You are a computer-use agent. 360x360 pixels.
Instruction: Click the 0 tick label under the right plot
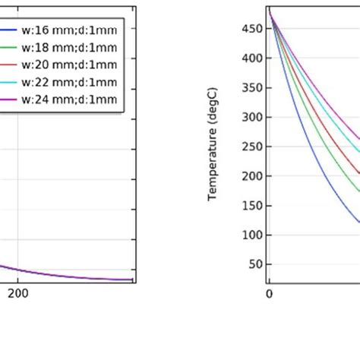269,294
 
